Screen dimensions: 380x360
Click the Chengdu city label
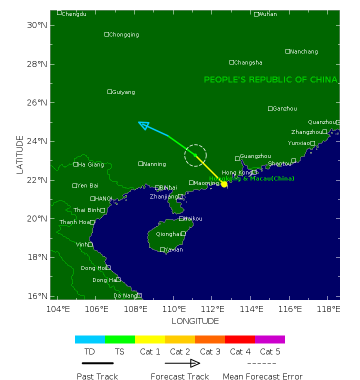click(73, 14)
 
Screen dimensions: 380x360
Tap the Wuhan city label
click(267, 14)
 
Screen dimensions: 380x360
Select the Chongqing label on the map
click(124, 34)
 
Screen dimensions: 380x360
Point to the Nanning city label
click(154, 164)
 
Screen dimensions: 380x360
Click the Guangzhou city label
click(255, 156)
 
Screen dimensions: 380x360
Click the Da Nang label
click(125, 295)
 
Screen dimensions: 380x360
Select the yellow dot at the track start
click(224, 184)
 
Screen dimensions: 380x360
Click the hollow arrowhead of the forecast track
click(143, 125)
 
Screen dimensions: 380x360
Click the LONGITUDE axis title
click(195, 321)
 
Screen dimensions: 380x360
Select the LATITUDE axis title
click(20, 154)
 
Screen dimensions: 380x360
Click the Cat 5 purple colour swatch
click(269, 339)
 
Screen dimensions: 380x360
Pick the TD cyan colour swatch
click(89, 339)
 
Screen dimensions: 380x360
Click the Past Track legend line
click(97, 363)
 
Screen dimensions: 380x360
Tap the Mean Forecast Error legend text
click(262, 376)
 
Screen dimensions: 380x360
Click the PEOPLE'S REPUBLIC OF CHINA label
click(270, 80)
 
